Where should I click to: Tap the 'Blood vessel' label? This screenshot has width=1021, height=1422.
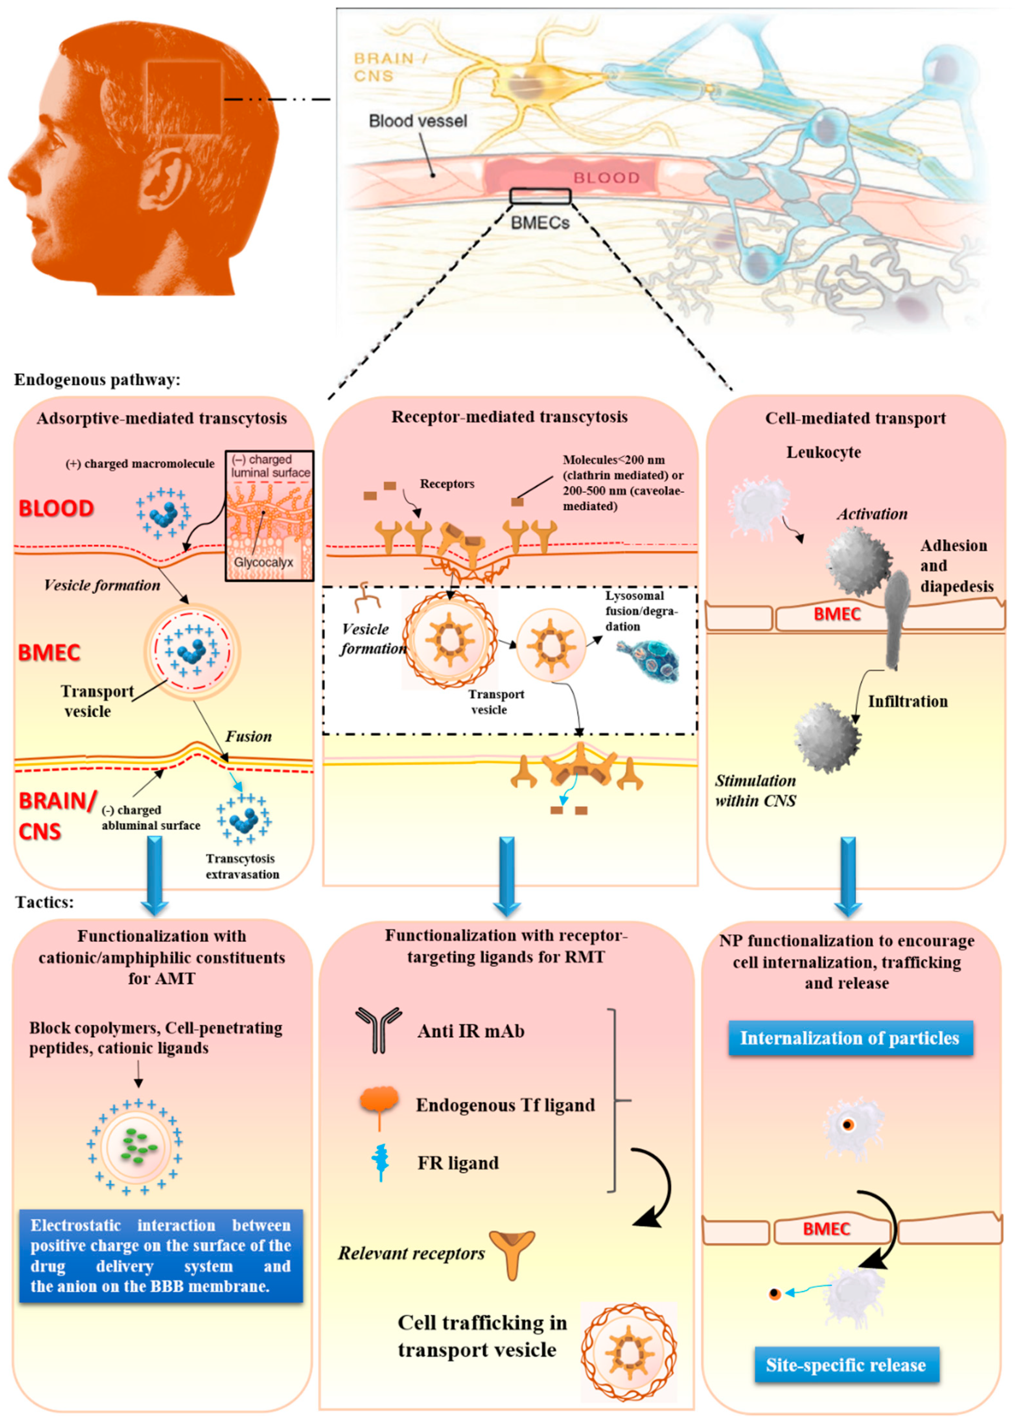[x=418, y=121]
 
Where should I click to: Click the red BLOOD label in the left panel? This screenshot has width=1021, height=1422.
[x=56, y=508]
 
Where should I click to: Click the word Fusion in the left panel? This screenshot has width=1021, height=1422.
[x=248, y=736]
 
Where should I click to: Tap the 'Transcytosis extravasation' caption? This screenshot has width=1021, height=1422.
[x=242, y=866]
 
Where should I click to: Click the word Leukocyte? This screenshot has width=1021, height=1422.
[x=823, y=452]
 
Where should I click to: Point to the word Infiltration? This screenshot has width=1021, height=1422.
[x=907, y=701]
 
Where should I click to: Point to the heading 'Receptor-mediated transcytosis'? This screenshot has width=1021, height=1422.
[x=509, y=417]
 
